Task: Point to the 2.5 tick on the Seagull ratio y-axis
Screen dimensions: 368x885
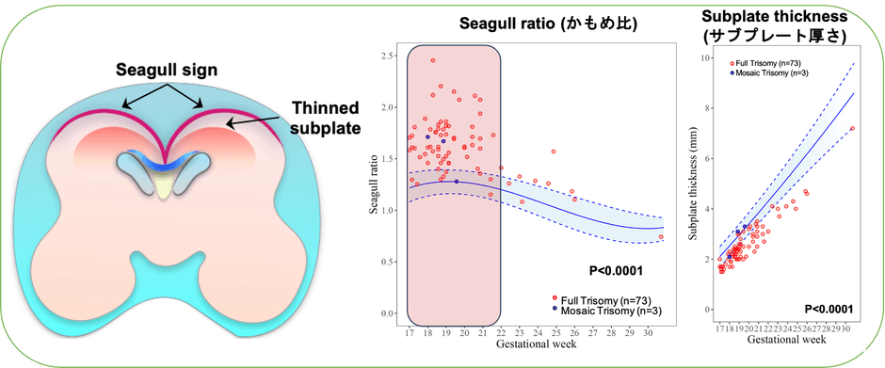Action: (x=385, y=56)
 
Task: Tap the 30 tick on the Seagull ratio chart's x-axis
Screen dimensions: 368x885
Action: (x=648, y=332)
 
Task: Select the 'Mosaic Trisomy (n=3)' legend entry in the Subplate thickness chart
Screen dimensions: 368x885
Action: (x=765, y=72)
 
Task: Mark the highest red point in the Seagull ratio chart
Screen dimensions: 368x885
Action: (x=432, y=60)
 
